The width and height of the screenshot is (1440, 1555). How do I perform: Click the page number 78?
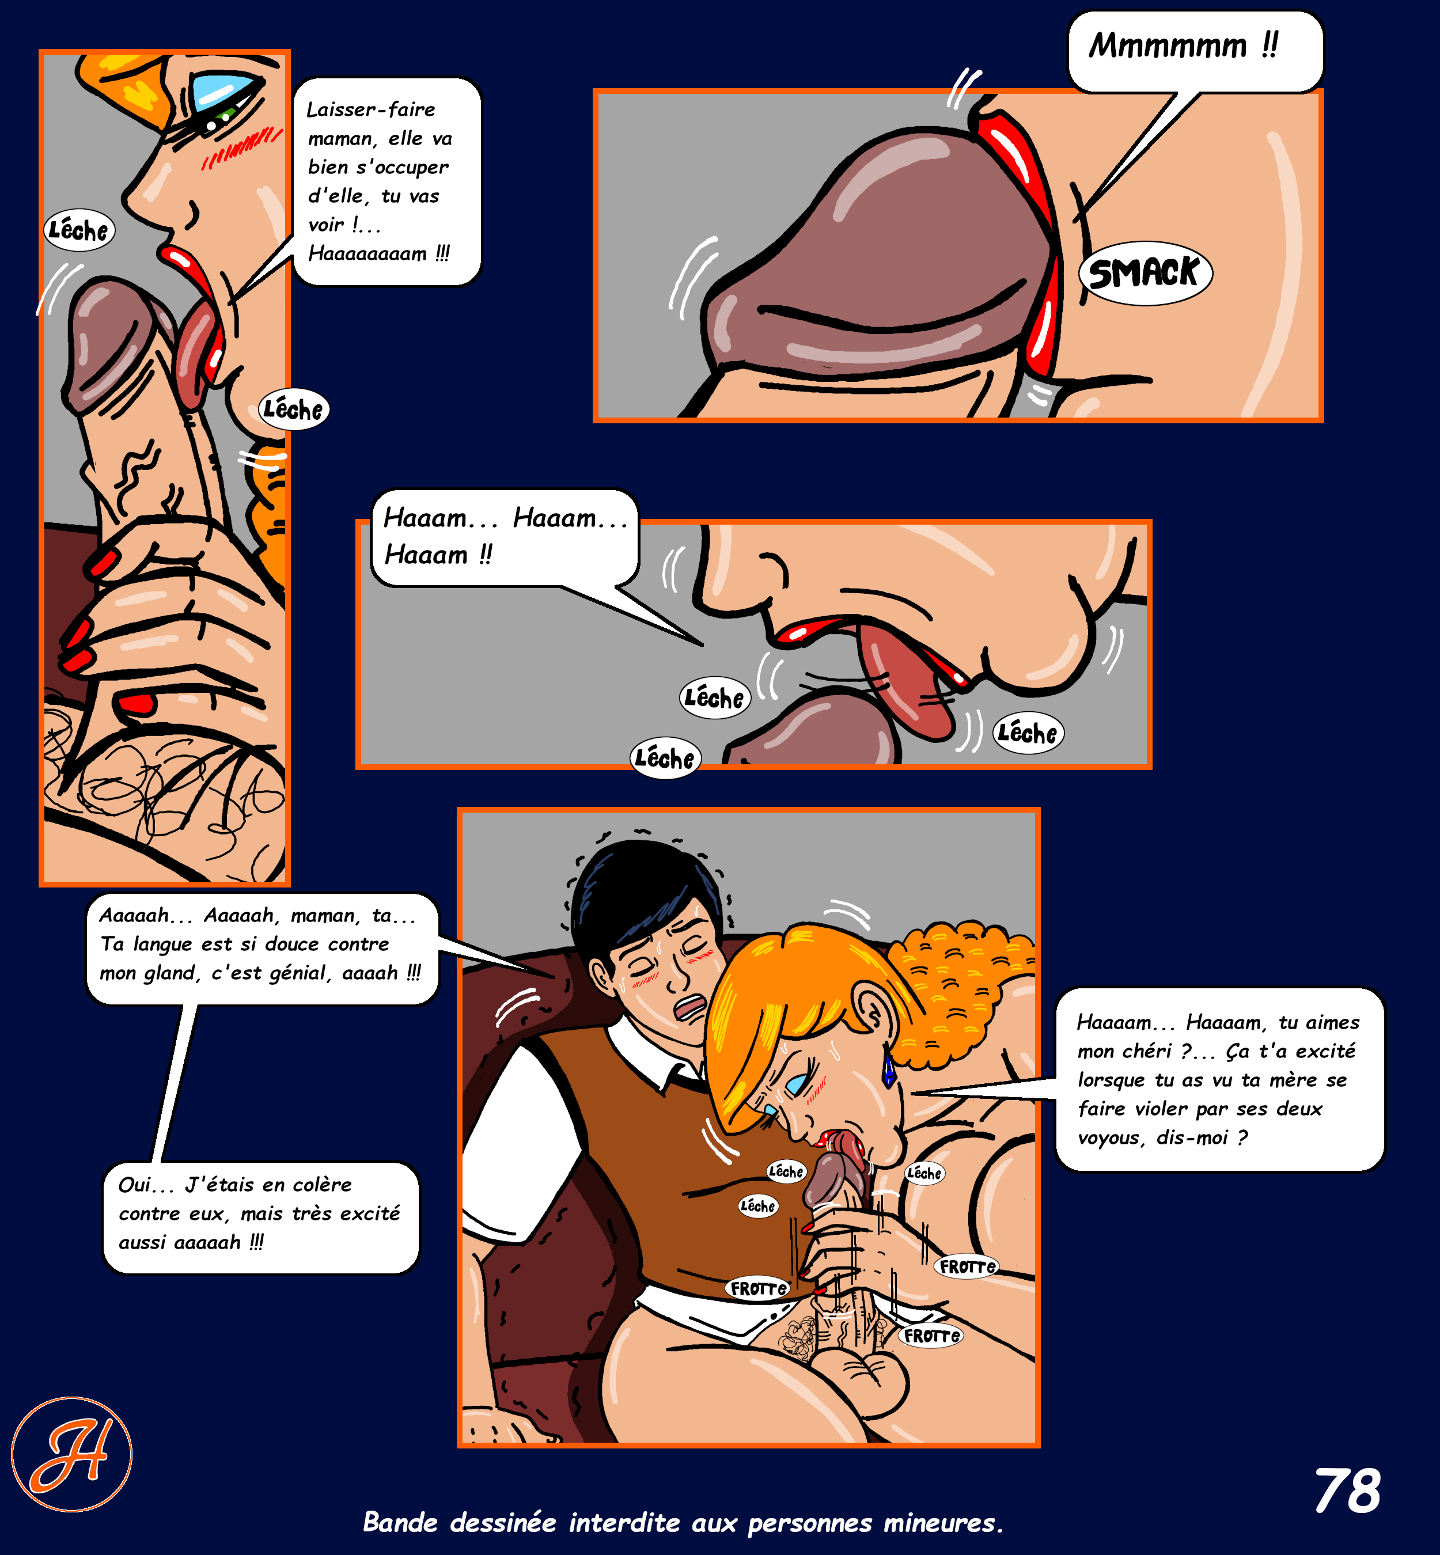1347,1491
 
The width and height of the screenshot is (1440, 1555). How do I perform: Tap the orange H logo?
71,1455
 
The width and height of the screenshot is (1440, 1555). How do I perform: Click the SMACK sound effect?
1144,274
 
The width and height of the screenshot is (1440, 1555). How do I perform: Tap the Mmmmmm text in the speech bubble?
1168,46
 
